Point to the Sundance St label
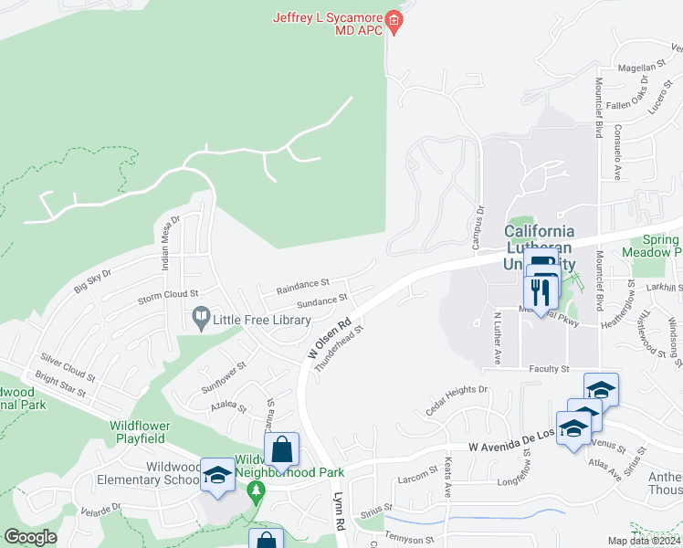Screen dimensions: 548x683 point(323,299)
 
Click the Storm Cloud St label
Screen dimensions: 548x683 point(168,294)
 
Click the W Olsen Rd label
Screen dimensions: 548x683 point(330,338)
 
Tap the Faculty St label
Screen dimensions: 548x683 point(549,369)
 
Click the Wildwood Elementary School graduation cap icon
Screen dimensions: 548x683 point(217,475)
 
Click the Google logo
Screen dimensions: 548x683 point(31,537)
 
